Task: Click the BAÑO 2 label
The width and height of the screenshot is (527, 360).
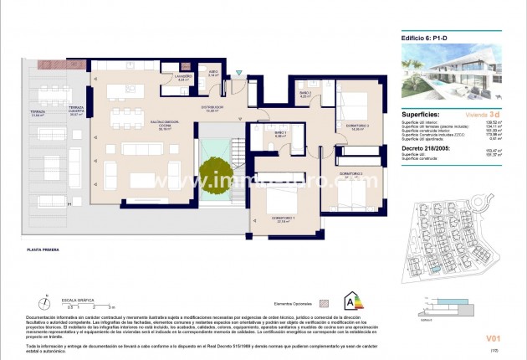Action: (x=306, y=93)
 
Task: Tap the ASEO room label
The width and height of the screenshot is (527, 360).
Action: (x=213, y=73)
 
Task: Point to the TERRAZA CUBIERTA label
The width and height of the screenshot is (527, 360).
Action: (x=77, y=110)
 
